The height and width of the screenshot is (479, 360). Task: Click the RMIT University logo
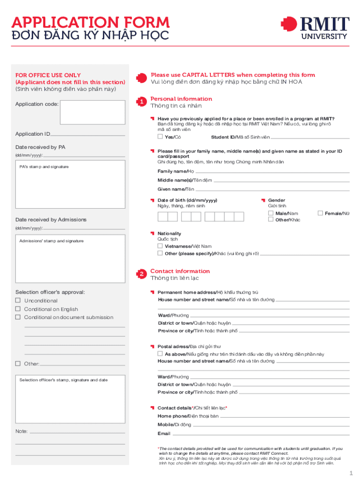click(315, 28)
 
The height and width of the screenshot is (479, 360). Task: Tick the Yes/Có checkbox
click(160, 137)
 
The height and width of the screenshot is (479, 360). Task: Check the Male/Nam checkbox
click(271, 213)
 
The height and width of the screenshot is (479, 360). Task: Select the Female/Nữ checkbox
click(320, 213)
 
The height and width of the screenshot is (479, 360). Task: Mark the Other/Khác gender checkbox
click(271, 219)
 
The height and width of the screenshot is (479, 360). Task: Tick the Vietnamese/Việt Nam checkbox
click(160, 246)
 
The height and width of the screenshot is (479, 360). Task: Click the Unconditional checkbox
click(18, 300)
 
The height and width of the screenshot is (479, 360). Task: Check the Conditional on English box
click(18, 309)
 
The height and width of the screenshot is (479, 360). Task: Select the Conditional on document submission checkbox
click(18, 317)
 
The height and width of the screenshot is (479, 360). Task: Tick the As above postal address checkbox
click(160, 354)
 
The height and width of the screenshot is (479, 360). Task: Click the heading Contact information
click(180, 271)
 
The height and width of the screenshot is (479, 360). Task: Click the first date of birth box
click(162, 217)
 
